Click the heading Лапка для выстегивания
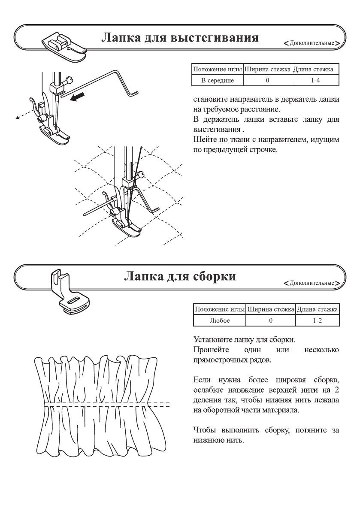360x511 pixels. [x=180, y=38]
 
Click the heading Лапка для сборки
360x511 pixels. [x=180, y=276]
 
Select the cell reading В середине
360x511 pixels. [x=217, y=80]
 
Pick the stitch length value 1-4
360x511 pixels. [x=316, y=80]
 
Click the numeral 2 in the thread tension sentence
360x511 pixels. [x=336, y=390]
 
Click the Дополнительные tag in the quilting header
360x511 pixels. [x=312, y=44]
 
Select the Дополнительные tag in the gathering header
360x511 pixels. [x=312, y=283]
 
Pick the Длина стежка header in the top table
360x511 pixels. [x=316, y=70]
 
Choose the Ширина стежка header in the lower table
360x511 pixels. [x=271, y=309]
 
